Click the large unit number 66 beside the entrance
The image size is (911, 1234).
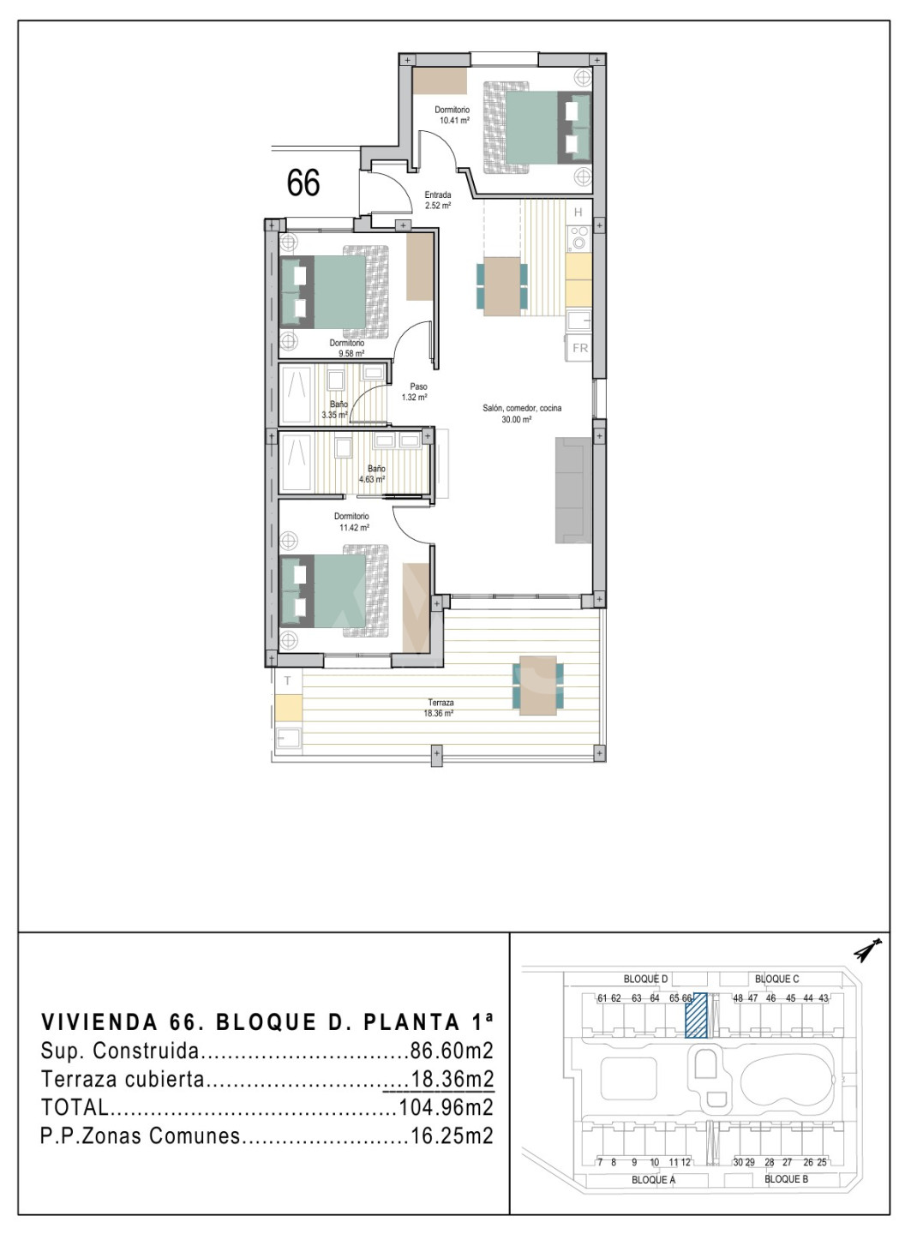coord(303,183)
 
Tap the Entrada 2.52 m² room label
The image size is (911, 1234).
coord(438,201)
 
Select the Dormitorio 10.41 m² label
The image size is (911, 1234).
coord(453,115)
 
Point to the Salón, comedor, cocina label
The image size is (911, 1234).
coord(522,408)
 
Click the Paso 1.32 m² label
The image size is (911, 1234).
coord(415,392)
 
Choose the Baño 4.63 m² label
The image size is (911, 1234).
coord(373,473)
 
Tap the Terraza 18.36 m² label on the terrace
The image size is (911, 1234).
coord(439,708)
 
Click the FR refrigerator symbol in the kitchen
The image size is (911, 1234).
coord(580,348)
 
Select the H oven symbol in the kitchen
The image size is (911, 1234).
coord(578,212)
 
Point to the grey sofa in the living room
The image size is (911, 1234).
coord(573,489)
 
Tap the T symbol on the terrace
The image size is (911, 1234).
coord(288,680)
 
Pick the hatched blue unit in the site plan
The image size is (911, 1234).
coord(696,1015)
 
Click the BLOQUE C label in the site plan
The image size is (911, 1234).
coord(777,979)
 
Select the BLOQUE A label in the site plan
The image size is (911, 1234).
coord(653,1179)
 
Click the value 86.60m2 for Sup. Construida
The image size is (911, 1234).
coord(452,1051)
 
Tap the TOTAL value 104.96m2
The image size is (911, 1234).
coord(446,1108)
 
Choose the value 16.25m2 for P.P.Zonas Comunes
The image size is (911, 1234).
coord(452,1136)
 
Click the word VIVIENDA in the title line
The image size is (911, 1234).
coord(99,1022)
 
